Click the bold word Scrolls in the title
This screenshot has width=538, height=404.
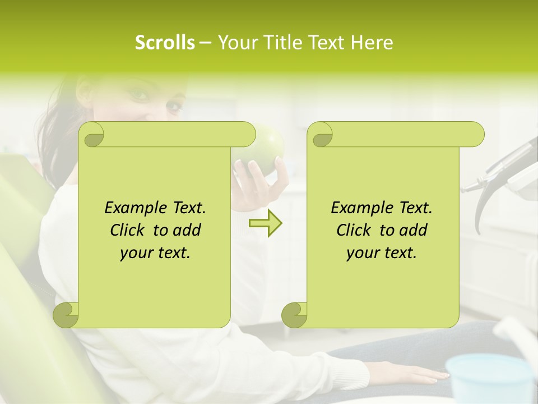point(165,43)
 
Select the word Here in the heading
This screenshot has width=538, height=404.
point(372,43)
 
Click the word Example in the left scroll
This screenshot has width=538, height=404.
point(133,208)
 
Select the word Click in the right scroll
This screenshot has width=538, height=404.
point(353,230)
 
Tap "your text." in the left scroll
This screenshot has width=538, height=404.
point(155,252)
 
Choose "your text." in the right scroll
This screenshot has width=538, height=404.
point(382,252)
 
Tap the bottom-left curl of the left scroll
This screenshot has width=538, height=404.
point(66,314)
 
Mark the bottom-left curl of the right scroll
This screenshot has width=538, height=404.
point(294,314)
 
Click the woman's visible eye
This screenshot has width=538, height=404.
point(140,94)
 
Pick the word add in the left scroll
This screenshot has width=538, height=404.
point(187,230)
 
